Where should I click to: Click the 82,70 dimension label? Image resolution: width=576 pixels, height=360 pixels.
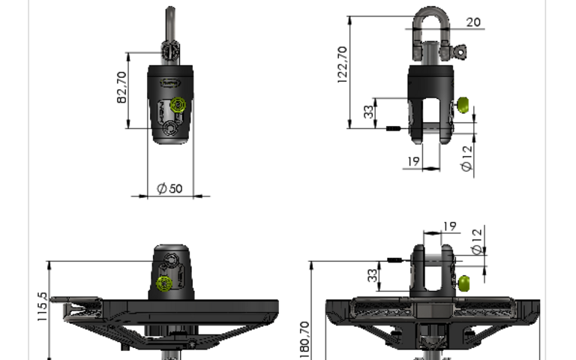pos(121,88)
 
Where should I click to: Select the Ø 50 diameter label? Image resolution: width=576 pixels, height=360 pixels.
pos(169,188)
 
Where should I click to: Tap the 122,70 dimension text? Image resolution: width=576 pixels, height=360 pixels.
pos(342,64)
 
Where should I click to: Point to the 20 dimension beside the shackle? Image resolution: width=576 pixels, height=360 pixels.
pos(473,22)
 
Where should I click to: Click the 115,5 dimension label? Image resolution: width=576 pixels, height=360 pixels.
pos(42,307)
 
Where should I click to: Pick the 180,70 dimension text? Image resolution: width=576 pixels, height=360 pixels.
pos(305,340)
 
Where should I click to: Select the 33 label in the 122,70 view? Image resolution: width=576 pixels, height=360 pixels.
pos(368,112)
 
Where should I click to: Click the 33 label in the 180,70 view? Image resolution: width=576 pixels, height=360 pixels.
pos(373,275)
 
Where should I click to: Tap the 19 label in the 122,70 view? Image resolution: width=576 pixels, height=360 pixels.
pos(414,161)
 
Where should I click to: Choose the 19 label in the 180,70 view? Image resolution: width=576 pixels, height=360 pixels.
pos(450,226)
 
